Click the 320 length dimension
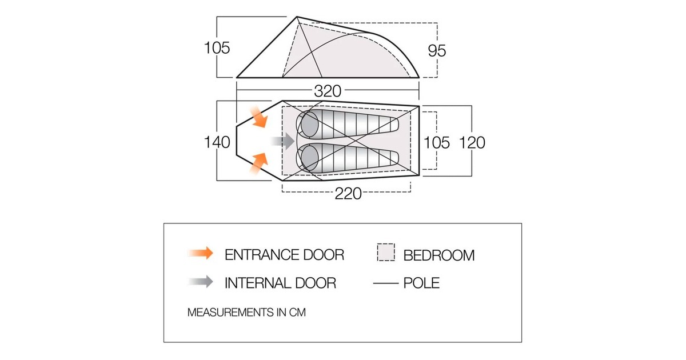click(327, 91)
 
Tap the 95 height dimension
click(437, 50)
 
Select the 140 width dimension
click(217, 142)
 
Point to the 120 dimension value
click(472, 142)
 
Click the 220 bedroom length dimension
click(348, 194)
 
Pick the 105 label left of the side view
click(217, 48)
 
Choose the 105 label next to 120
click(437, 142)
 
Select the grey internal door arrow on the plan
click(283, 140)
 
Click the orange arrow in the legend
click(200, 254)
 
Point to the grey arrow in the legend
click(200, 282)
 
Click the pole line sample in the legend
click(386, 282)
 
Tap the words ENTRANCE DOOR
click(284, 254)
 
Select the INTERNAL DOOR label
click(280, 282)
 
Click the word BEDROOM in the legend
click(439, 255)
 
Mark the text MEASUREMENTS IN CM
click(243, 313)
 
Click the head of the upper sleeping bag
click(309, 123)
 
